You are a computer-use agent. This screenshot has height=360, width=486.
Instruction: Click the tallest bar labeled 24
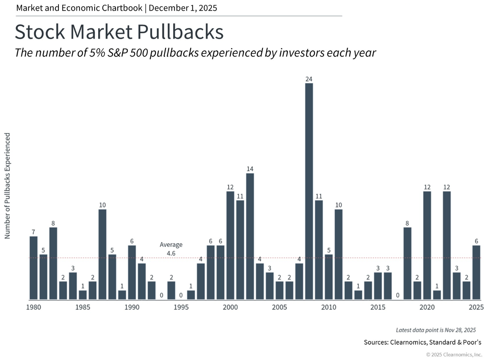pos(309,191)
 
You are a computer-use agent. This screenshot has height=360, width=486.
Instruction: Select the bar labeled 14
pos(250,236)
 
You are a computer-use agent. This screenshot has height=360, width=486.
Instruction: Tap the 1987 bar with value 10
pos(102,255)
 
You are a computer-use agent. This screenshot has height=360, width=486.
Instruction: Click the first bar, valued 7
pos(33,268)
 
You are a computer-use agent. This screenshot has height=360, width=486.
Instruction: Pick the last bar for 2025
pos(476,273)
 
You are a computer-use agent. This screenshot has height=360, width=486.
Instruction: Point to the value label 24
pos(309,79)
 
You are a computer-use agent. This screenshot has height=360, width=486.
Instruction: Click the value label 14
pos(250,169)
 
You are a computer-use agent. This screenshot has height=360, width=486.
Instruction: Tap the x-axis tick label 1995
pos(181,307)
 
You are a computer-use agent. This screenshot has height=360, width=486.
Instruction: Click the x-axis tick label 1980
pos(33,307)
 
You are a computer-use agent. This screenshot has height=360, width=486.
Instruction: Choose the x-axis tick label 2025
pos(476,307)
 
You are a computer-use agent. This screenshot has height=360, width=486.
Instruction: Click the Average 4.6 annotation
pos(171,249)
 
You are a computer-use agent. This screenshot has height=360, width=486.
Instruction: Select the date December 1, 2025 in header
pos(183,8)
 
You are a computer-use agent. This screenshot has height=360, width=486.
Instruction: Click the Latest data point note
pos(436,330)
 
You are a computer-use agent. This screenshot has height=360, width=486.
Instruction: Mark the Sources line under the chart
pos(423,342)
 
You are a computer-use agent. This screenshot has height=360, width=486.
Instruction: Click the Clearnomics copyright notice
pos(454,354)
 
